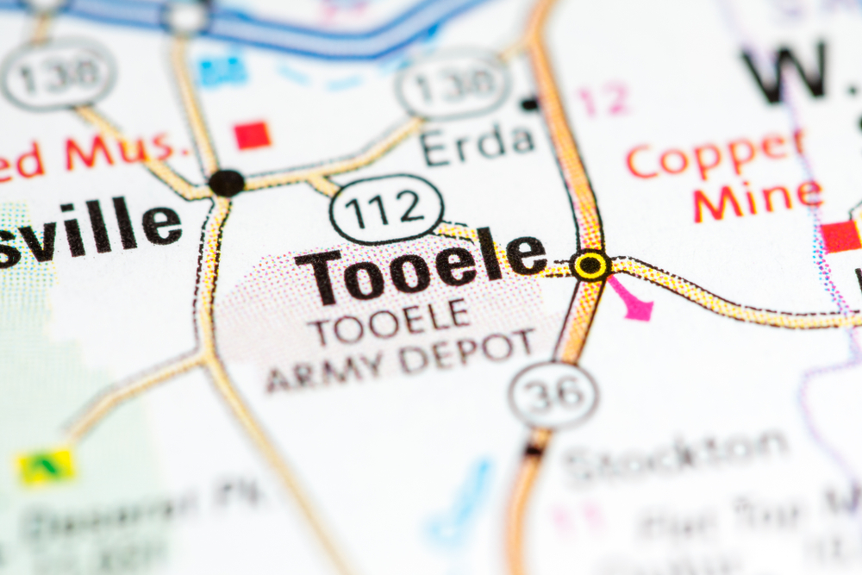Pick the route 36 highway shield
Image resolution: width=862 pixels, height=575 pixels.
(553, 396)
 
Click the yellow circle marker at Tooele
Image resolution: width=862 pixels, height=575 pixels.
(591, 266)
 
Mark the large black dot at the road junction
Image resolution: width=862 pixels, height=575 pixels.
(226, 183)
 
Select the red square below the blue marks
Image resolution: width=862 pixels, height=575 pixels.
(253, 134)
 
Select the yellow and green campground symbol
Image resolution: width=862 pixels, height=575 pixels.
(46, 466)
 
